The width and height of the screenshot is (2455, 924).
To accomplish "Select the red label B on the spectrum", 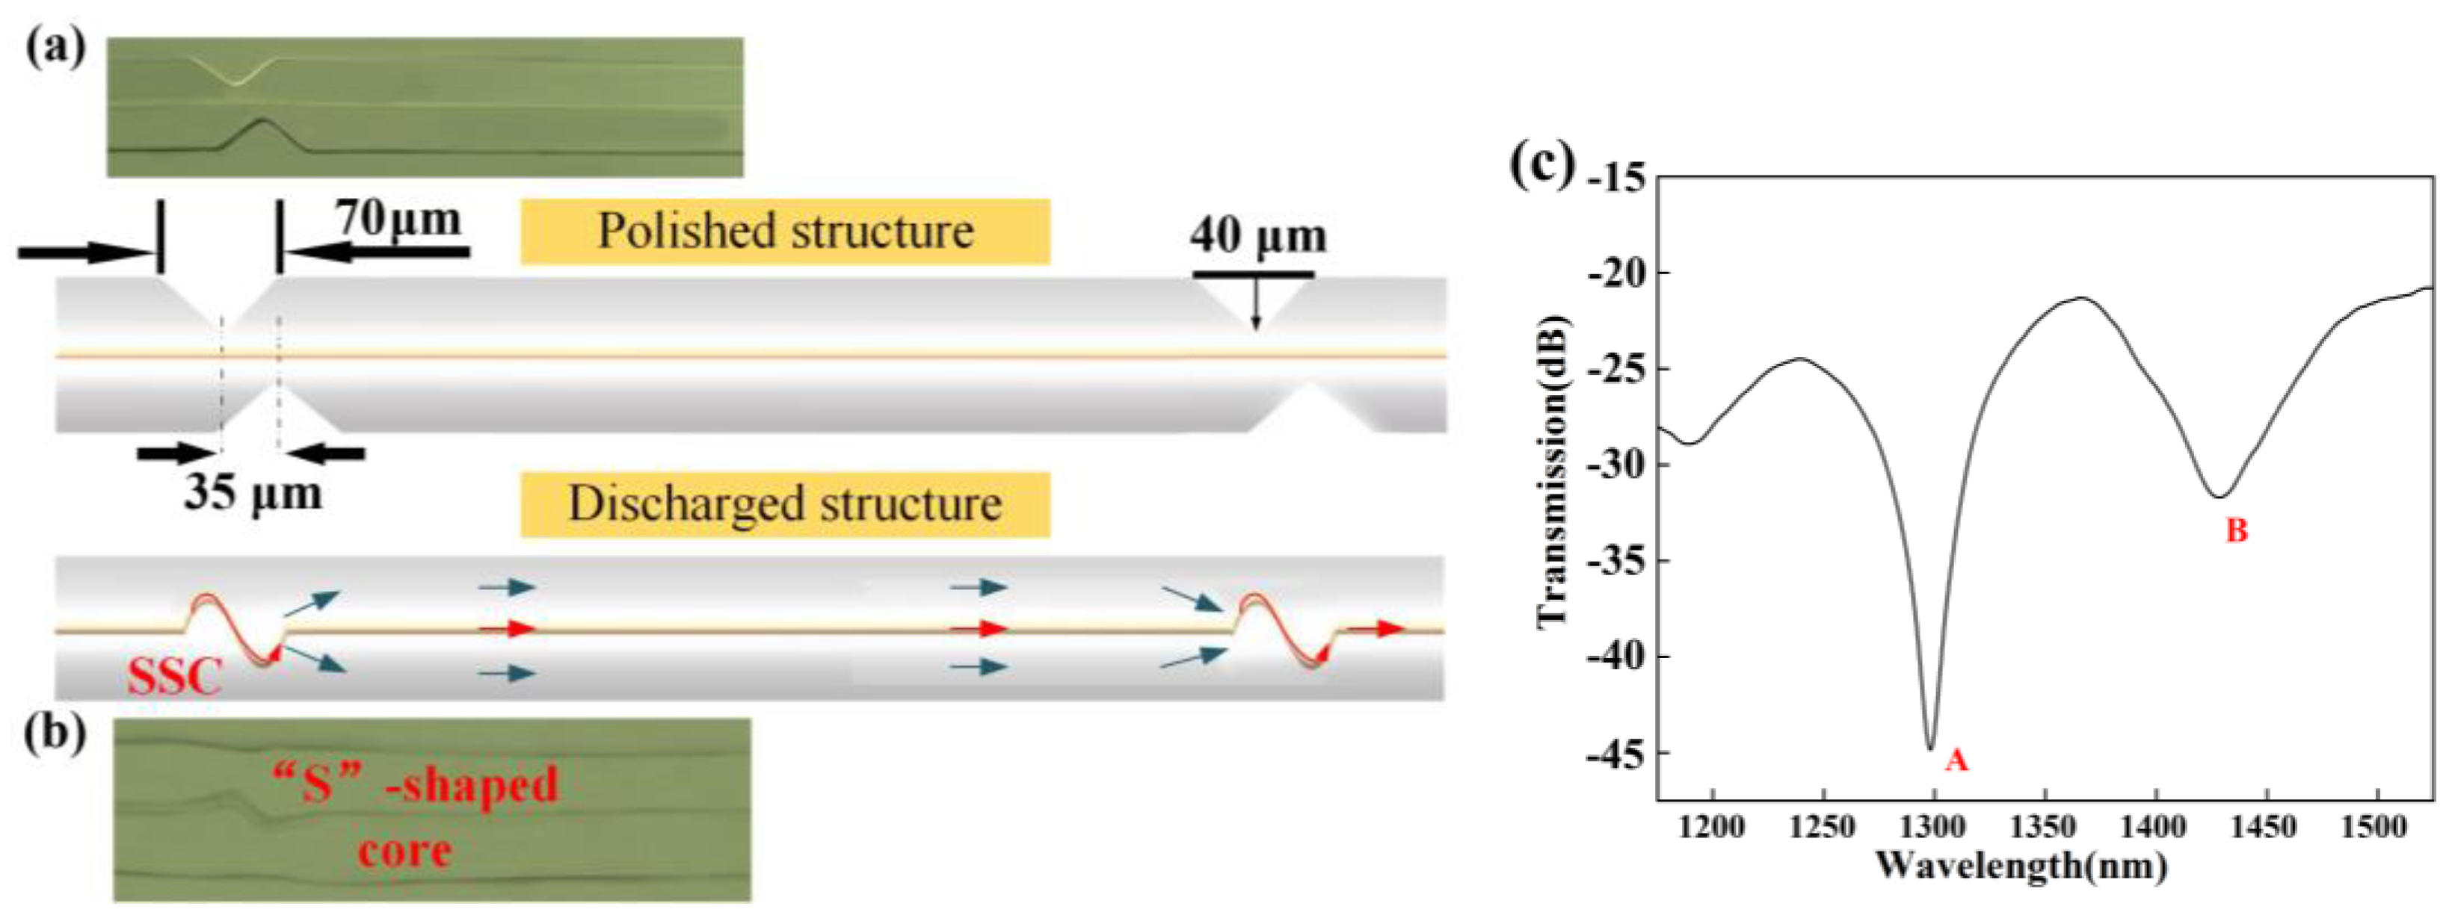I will tap(2236, 530).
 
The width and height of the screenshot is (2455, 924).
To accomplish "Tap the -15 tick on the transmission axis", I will tap(1616, 178).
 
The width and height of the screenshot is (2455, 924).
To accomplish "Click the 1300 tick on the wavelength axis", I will tap(1932, 827).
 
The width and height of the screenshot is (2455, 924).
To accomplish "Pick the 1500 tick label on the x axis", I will tap(2373, 827).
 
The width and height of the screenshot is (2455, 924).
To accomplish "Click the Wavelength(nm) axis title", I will tap(2021, 866).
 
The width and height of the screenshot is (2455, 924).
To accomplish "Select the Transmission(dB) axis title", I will tap(1553, 471).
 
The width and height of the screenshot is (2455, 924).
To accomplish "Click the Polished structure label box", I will tap(784, 232).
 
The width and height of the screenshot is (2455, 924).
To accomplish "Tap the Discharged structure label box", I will tap(784, 504).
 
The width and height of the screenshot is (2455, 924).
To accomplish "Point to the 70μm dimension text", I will tap(398, 218).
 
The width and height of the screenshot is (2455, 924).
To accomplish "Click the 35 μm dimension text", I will tap(253, 492).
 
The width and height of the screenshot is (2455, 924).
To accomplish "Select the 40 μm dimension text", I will tap(1257, 235).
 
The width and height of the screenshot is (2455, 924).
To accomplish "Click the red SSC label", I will tap(173, 678).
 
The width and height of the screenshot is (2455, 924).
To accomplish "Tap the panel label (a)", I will tap(55, 46).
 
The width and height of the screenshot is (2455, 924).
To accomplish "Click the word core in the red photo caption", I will tap(404, 850).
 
